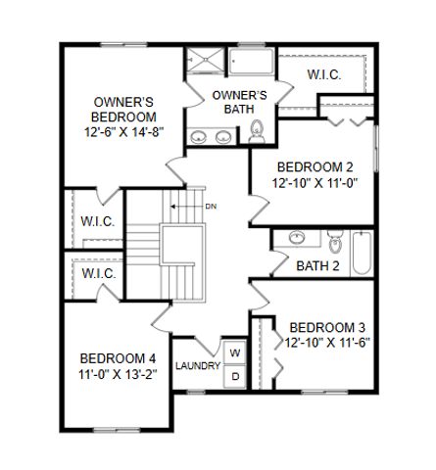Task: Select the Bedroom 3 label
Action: [328, 326]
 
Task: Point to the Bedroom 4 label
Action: [119, 357]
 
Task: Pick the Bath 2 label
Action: [318, 265]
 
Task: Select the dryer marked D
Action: [235, 374]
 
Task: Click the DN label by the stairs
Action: [211, 206]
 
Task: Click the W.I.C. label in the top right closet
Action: [323, 74]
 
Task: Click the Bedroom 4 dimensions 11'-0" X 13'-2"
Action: [119, 374]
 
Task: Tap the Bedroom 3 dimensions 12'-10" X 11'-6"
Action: [328, 343]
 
